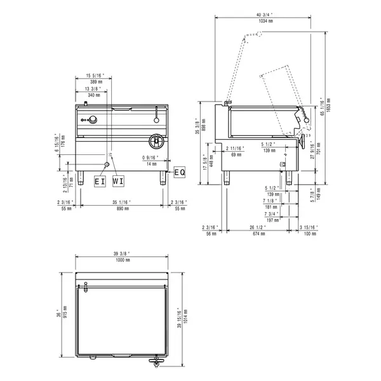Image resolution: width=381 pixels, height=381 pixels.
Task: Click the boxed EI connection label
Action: point(100,181)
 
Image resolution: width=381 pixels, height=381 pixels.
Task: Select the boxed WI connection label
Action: point(118,181)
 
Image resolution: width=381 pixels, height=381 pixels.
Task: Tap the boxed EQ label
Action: point(179,172)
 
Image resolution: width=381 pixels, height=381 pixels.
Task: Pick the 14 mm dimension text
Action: point(152,164)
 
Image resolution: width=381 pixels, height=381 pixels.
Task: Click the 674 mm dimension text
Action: point(257,233)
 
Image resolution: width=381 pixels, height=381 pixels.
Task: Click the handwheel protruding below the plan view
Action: point(156,361)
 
